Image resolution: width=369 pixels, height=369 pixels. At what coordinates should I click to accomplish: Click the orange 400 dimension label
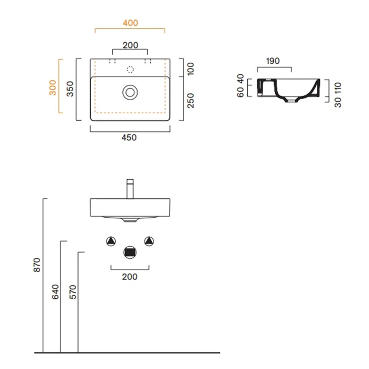coord(130,23)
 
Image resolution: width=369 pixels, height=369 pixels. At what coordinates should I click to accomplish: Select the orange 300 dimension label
coord(53,88)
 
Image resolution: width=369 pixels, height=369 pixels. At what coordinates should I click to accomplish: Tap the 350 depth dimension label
coord(70,89)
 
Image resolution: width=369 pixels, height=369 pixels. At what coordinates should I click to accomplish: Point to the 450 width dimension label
coord(129,138)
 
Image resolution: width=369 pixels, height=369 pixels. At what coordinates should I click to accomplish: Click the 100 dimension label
coord(190,69)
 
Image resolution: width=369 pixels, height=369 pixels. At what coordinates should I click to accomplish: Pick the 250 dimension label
coord(190,101)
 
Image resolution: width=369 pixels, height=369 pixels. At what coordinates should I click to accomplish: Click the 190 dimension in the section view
coord(273,61)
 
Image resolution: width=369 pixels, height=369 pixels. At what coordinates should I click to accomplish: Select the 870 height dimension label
coord(37,265)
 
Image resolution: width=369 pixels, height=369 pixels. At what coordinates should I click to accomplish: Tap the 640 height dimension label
coord(55,292)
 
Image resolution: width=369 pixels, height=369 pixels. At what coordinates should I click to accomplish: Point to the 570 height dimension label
coord(73,292)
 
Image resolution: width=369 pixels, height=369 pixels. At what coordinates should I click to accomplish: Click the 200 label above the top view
coord(130,45)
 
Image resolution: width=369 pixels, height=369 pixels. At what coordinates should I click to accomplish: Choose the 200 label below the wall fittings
coord(130,277)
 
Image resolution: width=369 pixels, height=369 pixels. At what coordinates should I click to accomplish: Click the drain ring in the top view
coord(130,86)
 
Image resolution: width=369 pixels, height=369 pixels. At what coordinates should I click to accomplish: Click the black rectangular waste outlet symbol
coord(130,253)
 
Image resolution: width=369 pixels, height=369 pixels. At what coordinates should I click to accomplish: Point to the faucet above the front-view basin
coord(130,189)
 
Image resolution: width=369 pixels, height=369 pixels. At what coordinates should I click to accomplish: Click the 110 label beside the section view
coord(338,88)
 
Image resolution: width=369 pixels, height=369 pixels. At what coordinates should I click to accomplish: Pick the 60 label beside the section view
coord(240,92)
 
